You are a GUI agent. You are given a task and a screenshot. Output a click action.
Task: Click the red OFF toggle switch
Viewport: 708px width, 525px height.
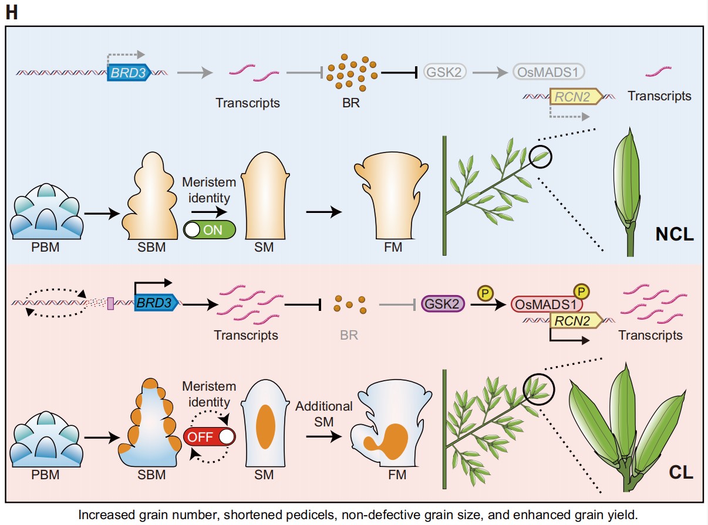210,437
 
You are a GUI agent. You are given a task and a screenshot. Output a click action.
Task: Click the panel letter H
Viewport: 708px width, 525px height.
11,12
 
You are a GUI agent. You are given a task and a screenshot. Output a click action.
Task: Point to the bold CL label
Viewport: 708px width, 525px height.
681,472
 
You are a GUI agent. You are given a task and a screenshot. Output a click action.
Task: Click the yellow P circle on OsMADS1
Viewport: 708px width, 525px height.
581,291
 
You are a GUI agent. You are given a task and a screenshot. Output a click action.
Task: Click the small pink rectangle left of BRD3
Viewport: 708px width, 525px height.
110,303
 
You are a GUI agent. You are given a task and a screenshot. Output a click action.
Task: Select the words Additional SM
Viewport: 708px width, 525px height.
323,412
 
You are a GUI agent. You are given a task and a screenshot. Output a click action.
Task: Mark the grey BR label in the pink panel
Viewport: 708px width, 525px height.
349,336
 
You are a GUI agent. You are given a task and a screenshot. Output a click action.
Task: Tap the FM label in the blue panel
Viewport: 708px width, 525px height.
392,248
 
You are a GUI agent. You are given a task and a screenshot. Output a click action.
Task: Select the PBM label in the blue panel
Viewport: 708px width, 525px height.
46,248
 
